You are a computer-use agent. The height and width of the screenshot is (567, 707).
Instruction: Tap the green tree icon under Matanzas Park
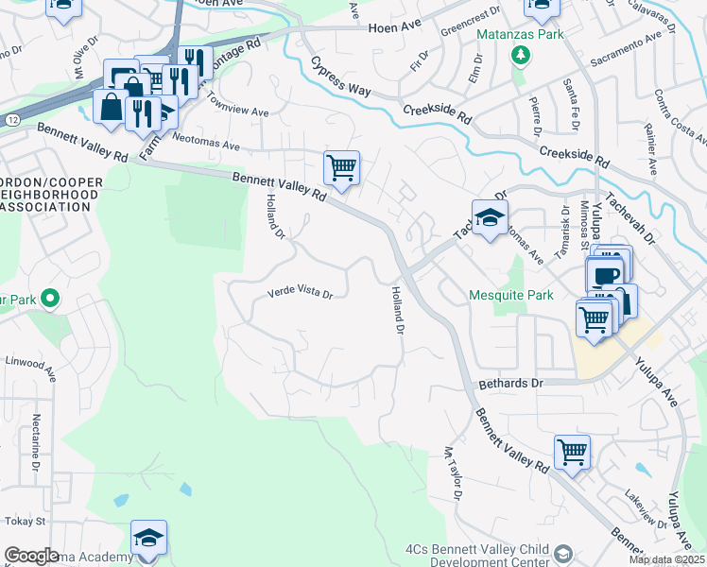tap(519, 56)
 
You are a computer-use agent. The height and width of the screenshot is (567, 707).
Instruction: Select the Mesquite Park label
tap(511, 295)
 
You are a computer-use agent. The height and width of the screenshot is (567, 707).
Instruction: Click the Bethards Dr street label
tap(511, 384)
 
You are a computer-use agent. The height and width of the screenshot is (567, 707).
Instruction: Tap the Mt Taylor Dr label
tap(454, 473)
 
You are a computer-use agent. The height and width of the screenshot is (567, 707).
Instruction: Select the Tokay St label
tap(26, 521)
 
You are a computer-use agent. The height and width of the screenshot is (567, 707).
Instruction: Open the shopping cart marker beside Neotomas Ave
tap(341, 169)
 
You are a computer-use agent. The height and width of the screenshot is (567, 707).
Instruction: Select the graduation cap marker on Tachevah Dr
tap(490, 218)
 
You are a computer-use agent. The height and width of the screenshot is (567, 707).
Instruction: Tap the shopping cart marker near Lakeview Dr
tap(572, 453)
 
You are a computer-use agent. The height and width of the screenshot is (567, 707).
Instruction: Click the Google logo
tap(31, 555)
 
